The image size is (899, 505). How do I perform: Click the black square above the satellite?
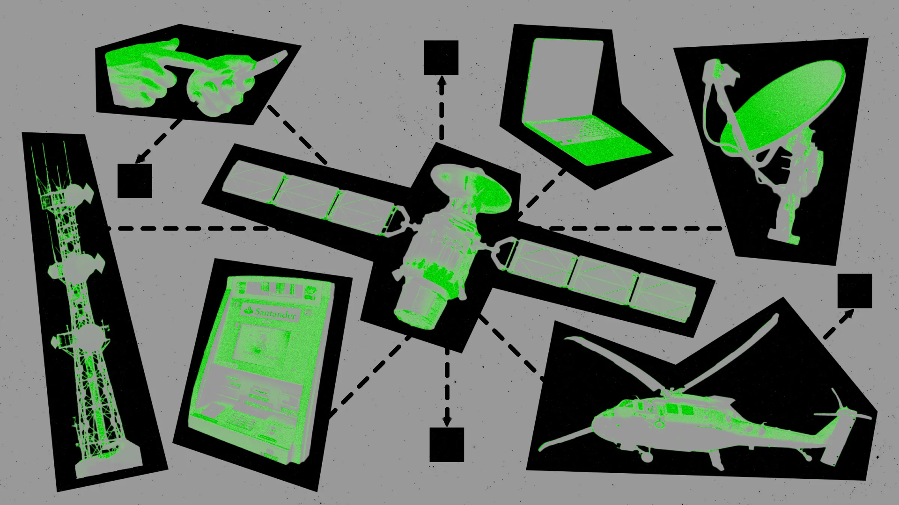(441, 58)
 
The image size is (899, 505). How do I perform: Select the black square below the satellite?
(447, 444)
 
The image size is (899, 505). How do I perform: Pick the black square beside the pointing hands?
(135, 181)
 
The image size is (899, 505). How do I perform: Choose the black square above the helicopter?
(855, 291)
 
